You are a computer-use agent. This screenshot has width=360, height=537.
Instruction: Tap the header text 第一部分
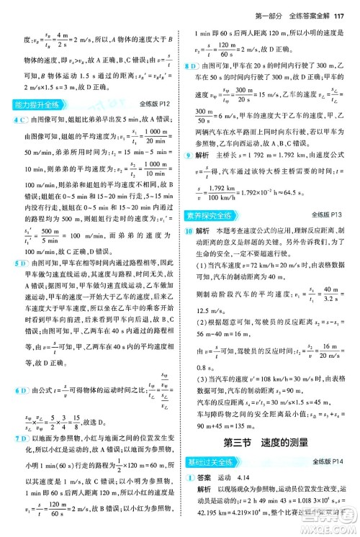pos(272,8)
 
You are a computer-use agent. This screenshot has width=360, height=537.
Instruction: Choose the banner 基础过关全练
pos(212,461)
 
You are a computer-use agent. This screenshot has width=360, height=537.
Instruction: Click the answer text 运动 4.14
pos(235,477)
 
